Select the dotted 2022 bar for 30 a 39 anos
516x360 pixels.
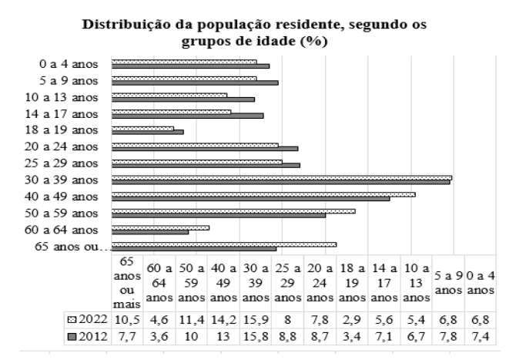[x=281, y=177]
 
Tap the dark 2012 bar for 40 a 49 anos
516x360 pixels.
[x=250, y=199]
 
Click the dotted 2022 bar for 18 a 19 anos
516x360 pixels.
[x=143, y=127]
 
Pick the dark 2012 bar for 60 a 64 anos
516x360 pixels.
[x=150, y=232]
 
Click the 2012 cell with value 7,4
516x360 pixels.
[x=479, y=337]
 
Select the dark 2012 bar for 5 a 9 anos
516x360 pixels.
[x=195, y=82]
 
